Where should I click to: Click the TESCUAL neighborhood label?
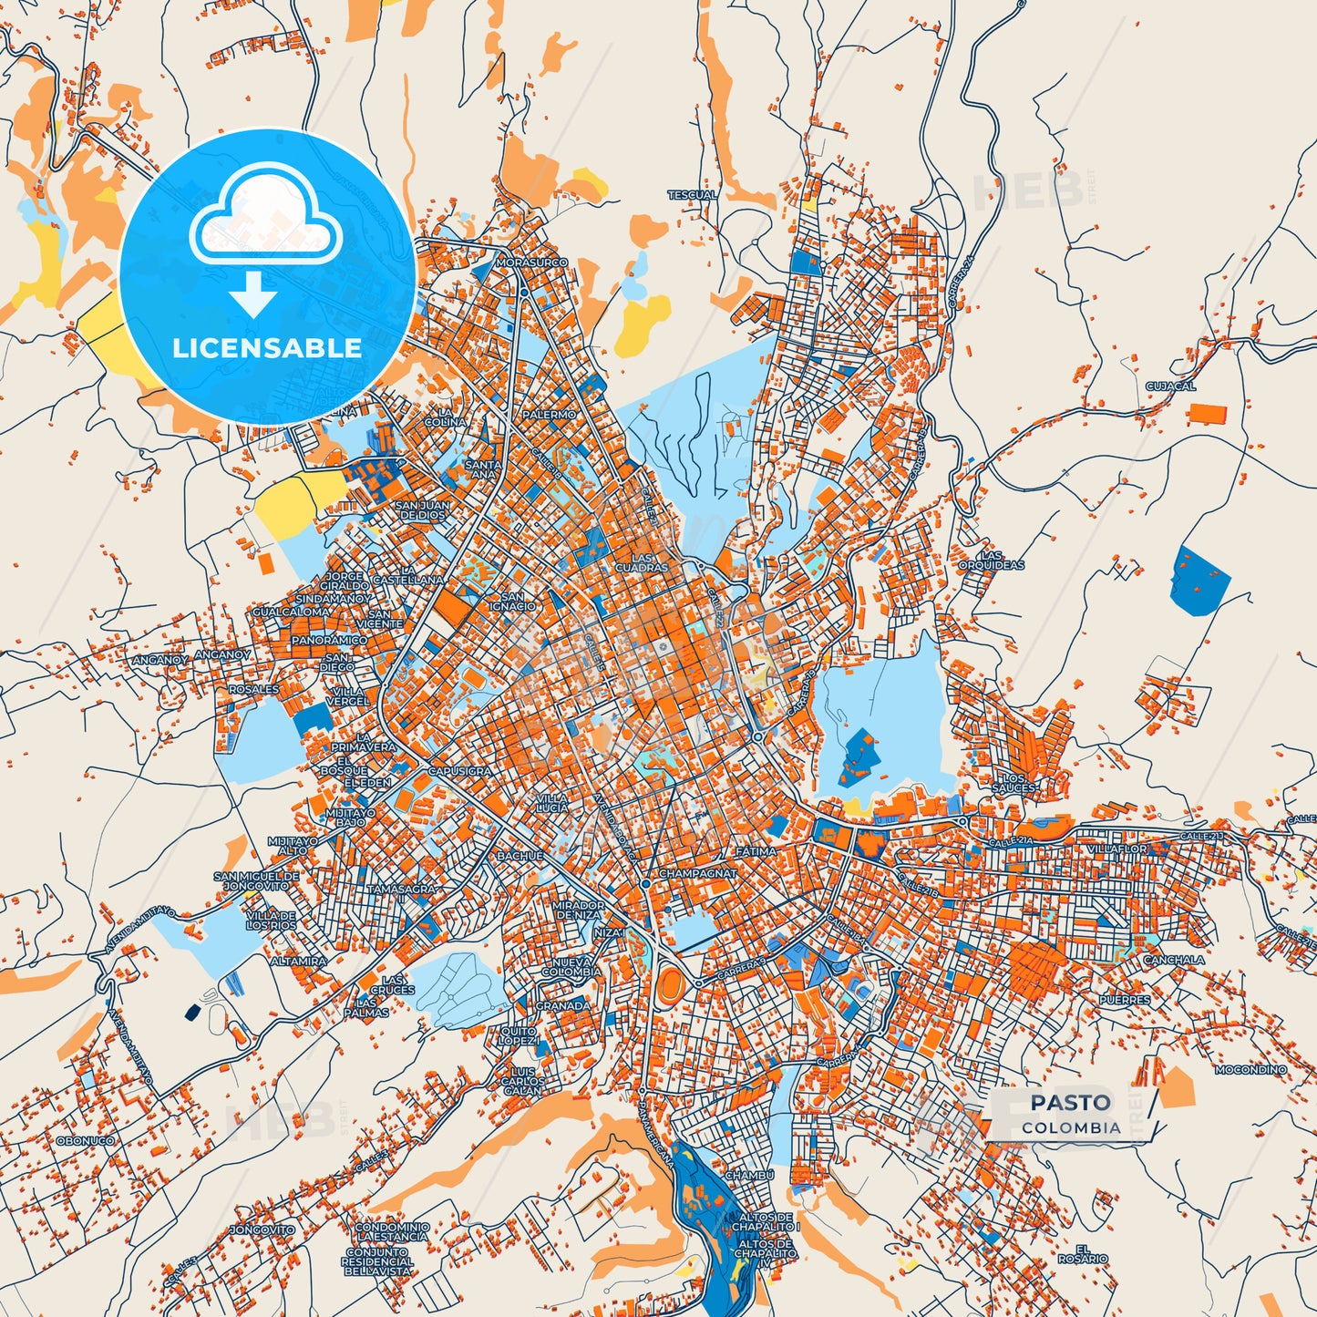click(692, 195)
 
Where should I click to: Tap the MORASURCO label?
click(531, 262)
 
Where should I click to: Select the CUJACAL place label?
click(1170, 386)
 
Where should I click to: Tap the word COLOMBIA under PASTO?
click(1071, 1127)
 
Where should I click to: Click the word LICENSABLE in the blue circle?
click(267, 347)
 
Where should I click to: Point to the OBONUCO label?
click(85, 1140)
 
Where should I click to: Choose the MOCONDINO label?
click(1251, 1069)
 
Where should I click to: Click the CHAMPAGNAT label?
click(697, 873)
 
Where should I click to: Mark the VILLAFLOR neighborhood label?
click(1117, 849)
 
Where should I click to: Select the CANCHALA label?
click(1174, 960)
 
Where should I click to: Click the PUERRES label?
click(1125, 1000)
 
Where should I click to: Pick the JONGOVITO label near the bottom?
click(262, 1230)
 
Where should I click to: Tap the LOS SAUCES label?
click(1013, 783)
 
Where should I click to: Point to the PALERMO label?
click(549, 415)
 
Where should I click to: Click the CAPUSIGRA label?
click(459, 771)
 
